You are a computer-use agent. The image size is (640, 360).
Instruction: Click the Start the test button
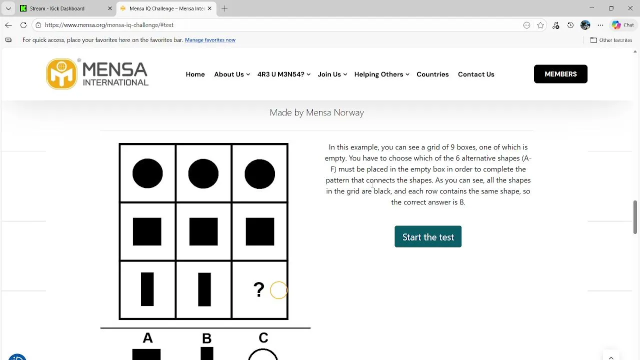click(427, 236)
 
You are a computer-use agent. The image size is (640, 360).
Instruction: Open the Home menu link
click(195, 74)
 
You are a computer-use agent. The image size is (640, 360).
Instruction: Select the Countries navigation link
click(432, 74)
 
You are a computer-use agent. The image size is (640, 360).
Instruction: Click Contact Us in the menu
click(476, 74)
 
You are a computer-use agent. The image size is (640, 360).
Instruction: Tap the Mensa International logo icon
click(61, 73)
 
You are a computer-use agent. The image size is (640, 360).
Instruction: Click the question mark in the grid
click(259, 289)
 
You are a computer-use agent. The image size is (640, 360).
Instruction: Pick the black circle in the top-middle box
click(203, 173)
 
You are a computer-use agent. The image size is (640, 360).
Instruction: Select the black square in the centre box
click(203, 231)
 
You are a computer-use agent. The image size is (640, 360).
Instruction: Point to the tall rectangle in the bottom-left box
click(147, 289)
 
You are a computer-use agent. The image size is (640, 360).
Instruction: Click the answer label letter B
click(206, 338)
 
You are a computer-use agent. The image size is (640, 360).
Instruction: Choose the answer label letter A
click(147, 337)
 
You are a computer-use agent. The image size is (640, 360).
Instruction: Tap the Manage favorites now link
click(210, 40)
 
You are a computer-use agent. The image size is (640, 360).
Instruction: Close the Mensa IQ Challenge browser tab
click(209, 8)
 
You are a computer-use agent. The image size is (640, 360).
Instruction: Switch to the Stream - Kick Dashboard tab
click(56, 8)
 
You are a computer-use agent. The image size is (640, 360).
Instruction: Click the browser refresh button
click(23, 25)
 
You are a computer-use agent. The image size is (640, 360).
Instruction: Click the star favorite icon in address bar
click(540, 25)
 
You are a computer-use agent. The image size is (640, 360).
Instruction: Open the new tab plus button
click(224, 8)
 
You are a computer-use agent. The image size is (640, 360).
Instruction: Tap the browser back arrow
click(8, 25)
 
